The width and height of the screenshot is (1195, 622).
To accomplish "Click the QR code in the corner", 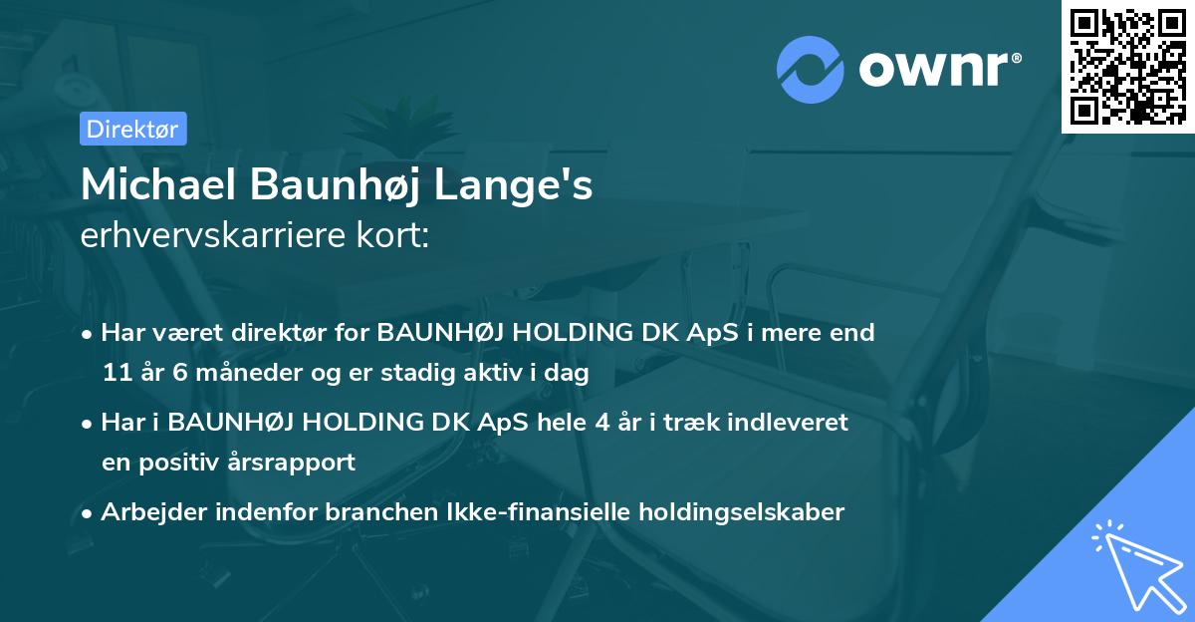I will coord(1128,66).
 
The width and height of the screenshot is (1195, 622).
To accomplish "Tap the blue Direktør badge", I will coord(132,129).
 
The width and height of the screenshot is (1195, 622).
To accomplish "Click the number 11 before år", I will coord(117,374).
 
